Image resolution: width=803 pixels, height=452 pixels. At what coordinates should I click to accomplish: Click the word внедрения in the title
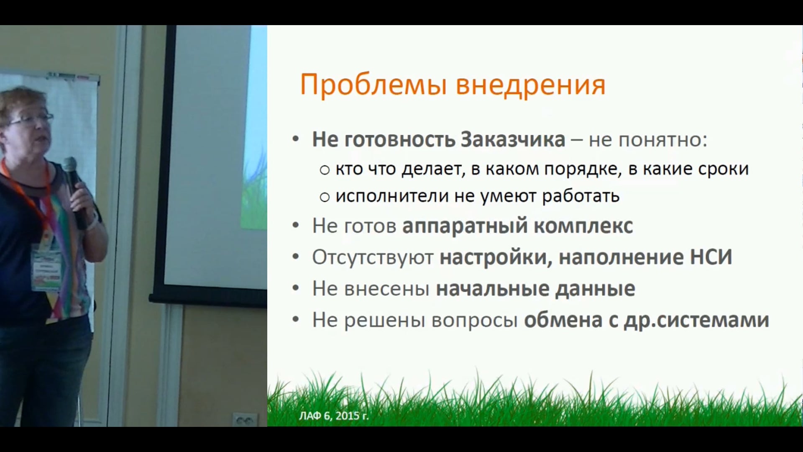click(x=530, y=85)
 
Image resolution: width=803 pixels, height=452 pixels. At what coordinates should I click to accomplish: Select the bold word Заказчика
click(x=513, y=139)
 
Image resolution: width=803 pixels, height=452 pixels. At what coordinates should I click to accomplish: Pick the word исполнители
click(x=392, y=196)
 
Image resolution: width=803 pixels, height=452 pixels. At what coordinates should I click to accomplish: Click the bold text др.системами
click(x=696, y=321)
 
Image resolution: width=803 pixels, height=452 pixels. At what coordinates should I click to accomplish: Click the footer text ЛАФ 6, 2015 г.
click(x=334, y=416)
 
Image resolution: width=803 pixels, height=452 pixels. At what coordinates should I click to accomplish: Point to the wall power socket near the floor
click(x=245, y=419)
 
